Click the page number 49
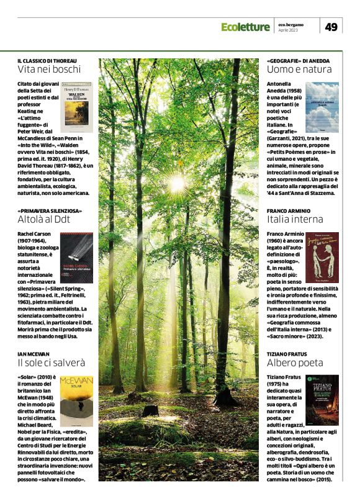331,27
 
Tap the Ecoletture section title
246,27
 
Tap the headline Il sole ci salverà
50,362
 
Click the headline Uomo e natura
295,70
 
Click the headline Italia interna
295,219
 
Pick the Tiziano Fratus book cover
322,400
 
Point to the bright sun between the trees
176,184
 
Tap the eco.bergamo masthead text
290,24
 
